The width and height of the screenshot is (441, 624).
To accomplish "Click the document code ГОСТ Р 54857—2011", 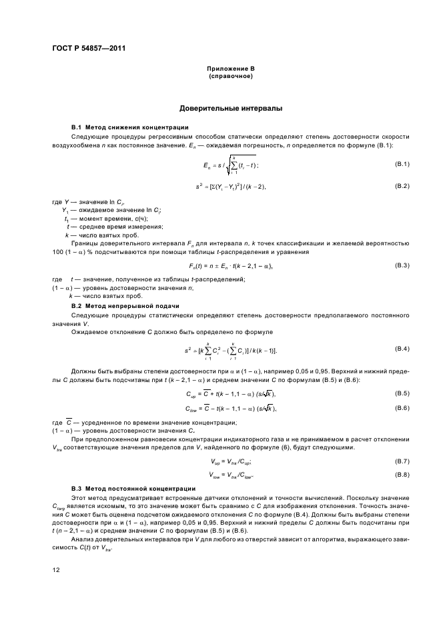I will [89, 48].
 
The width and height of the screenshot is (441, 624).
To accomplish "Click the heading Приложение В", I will [230, 69].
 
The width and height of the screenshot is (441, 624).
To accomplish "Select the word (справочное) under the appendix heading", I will [230, 76].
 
